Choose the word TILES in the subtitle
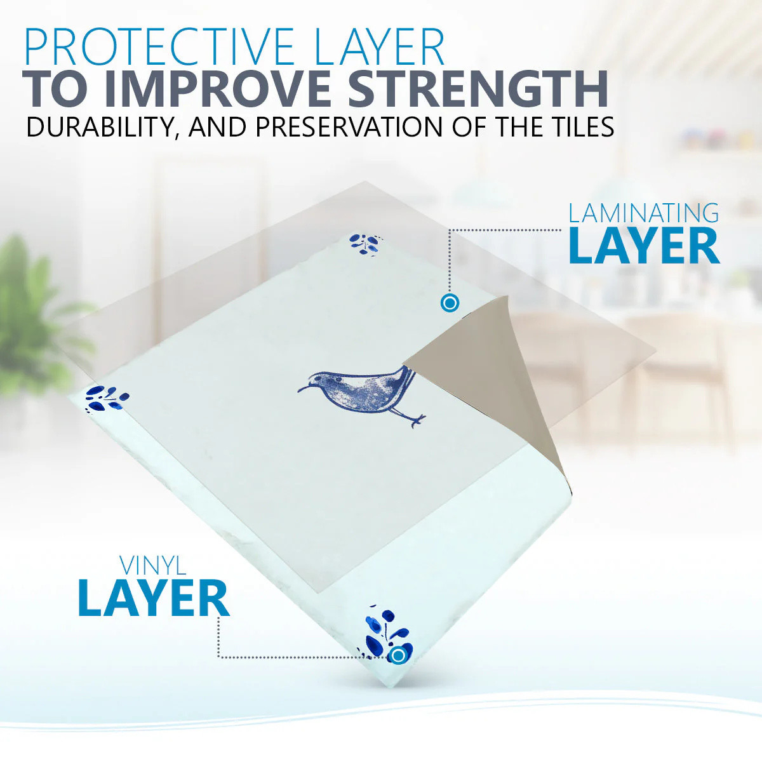click(x=573, y=126)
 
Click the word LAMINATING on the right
click(x=643, y=213)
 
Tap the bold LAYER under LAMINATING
click(x=644, y=247)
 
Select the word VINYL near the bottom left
click(x=153, y=566)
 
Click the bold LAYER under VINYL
click(x=154, y=598)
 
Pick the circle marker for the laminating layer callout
click(x=450, y=304)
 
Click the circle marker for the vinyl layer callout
click(x=398, y=655)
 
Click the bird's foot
click(x=417, y=421)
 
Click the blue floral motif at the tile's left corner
click(x=107, y=399)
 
